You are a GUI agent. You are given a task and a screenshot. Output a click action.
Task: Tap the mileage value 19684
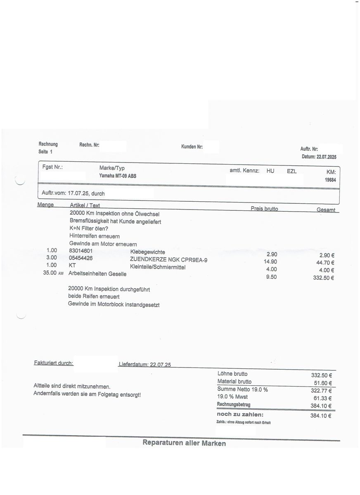click(x=330, y=179)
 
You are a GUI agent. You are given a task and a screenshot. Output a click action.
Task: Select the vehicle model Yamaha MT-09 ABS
click(x=118, y=176)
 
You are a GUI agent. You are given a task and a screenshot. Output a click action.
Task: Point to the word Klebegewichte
click(x=147, y=252)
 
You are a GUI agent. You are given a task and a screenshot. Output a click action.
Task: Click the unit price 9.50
click(x=272, y=277)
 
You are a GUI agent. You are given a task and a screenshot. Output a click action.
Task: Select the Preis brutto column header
click(x=264, y=209)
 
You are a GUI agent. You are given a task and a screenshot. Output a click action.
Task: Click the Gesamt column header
click(x=326, y=210)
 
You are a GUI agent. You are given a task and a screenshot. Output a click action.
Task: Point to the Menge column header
click(x=45, y=205)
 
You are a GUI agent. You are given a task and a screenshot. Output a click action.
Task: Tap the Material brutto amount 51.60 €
click(x=322, y=383)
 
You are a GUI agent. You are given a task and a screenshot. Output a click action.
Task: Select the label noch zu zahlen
click(x=240, y=414)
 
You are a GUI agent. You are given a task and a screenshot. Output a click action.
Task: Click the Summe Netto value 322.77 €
click(x=322, y=391)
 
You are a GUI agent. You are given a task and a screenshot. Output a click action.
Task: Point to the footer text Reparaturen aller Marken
click(x=184, y=443)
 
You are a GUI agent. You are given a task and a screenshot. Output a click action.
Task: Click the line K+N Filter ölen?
click(x=89, y=229)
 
